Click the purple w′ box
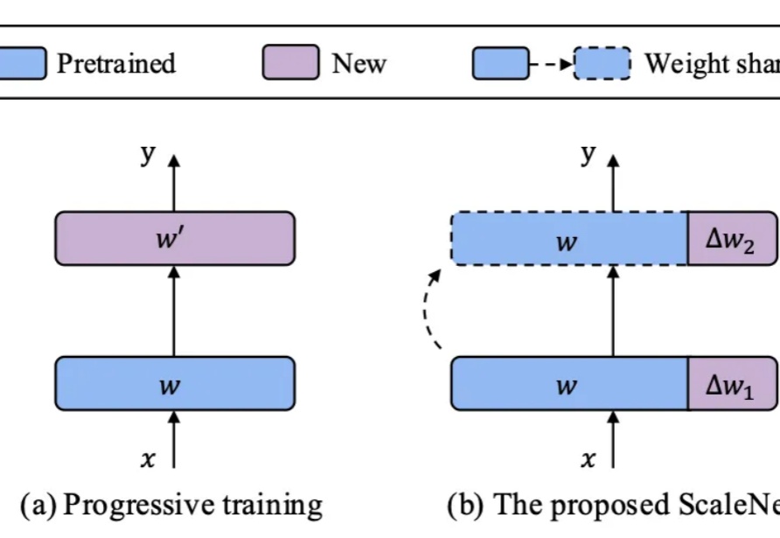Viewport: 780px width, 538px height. point(175,238)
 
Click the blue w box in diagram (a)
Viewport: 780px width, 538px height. point(175,383)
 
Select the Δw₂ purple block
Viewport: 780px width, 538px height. point(733,238)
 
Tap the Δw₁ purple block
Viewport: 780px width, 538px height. point(733,383)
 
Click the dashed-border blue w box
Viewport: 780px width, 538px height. point(568,238)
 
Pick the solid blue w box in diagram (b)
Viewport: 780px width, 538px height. point(568,383)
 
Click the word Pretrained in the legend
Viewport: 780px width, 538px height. point(115,64)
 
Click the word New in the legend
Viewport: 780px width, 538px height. point(359,64)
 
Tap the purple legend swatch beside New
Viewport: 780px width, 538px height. point(290,64)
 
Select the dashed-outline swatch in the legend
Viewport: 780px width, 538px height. point(602,64)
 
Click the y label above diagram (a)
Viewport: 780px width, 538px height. point(149,154)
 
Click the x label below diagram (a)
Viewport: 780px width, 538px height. point(149,458)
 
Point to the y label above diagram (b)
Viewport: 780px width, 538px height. point(588,154)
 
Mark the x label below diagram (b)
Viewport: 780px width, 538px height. point(588,458)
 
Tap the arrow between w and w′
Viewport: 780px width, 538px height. point(174,310)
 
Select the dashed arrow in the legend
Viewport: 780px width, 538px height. point(551,64)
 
